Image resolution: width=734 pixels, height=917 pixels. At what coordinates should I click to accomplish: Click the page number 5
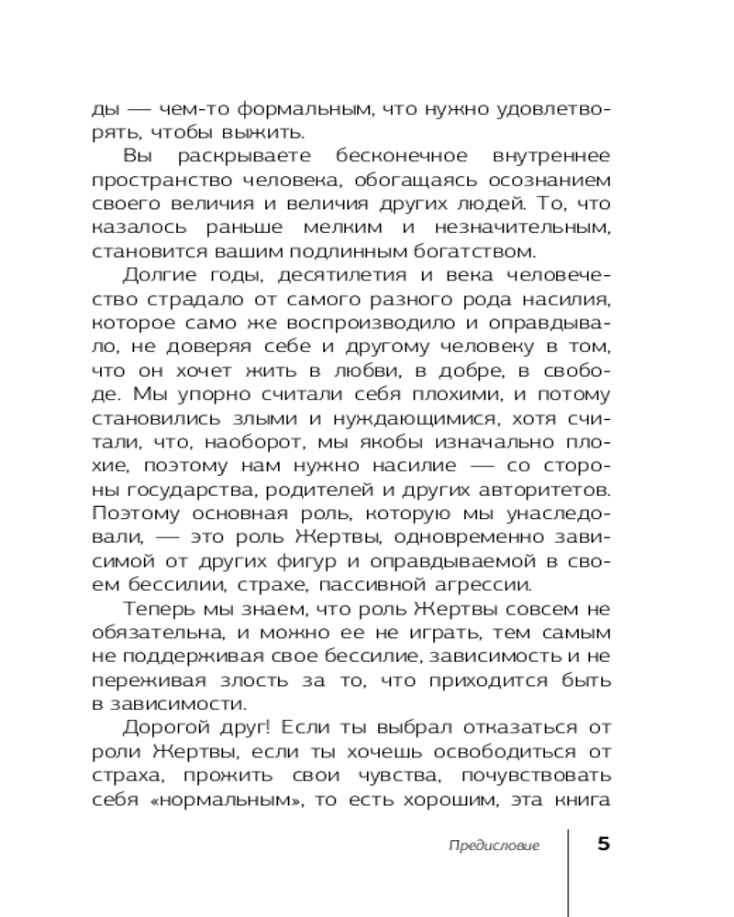click(603, 844)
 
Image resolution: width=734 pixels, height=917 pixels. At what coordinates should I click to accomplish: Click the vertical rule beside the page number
click(569, 871)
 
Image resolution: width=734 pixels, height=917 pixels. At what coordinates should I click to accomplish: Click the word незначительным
click(531, 227)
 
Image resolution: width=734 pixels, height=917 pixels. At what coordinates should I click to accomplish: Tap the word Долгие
click(152, 275)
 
